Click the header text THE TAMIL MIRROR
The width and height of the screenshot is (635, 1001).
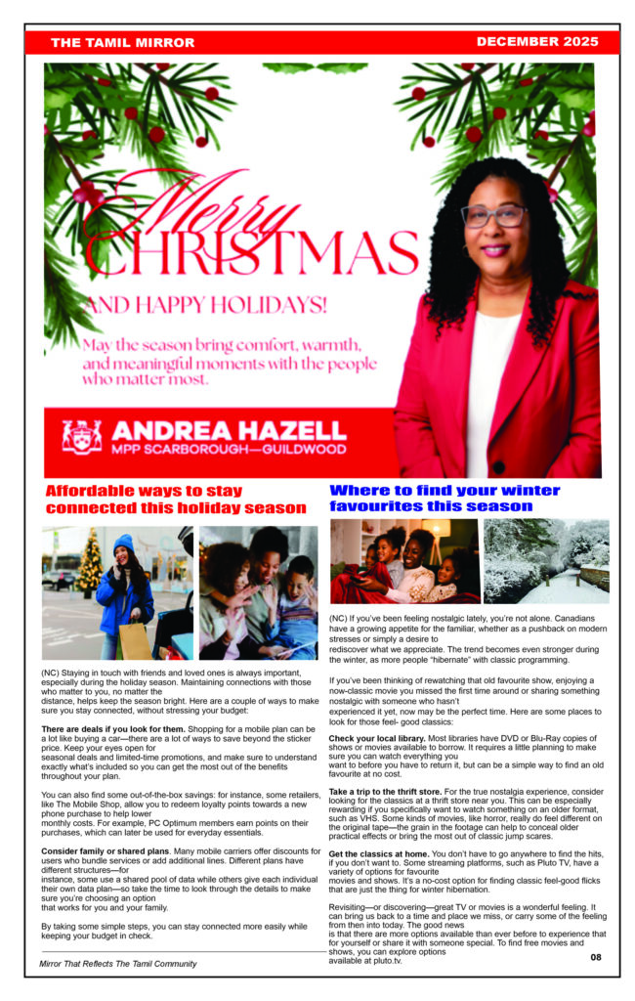[122, 43]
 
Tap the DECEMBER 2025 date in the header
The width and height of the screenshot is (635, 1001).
[536, 42]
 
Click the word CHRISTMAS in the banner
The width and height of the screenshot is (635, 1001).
[252, 251]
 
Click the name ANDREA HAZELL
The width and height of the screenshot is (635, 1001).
[229, 430]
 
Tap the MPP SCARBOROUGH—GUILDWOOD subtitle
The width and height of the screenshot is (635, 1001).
[229, 450]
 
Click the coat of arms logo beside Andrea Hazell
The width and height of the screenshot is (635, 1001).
[82, 437]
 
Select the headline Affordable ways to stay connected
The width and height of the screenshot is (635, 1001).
[176, 500]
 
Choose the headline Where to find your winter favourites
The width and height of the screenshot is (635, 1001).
[444, 498]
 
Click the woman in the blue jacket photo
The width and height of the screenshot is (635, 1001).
[118, 592]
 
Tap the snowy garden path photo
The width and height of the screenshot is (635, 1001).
[546, 561]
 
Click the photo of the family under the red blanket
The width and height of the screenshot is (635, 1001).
[404, 561]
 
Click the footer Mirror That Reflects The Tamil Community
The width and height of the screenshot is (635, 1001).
[118, 964]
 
